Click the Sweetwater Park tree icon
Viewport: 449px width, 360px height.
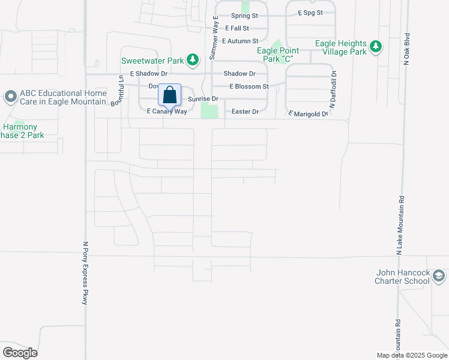point(192,59)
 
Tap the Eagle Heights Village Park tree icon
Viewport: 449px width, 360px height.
point(376,47)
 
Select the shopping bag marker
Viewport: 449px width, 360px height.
point(169,95)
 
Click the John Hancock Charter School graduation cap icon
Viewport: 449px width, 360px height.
point(439,276)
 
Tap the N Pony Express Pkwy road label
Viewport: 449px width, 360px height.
point(85,273)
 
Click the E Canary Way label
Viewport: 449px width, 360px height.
point(167,112)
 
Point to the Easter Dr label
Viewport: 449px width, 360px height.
point(246,112)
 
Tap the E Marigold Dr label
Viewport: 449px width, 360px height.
point(308,113)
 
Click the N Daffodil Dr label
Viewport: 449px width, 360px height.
point(333,90)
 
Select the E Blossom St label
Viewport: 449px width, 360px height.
point(249,86)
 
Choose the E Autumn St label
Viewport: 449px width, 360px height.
point(240,41)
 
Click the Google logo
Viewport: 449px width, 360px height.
point(20,352)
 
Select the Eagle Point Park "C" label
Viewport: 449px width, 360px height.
point(277,55)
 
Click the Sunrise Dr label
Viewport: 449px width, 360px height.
point(202,98)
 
